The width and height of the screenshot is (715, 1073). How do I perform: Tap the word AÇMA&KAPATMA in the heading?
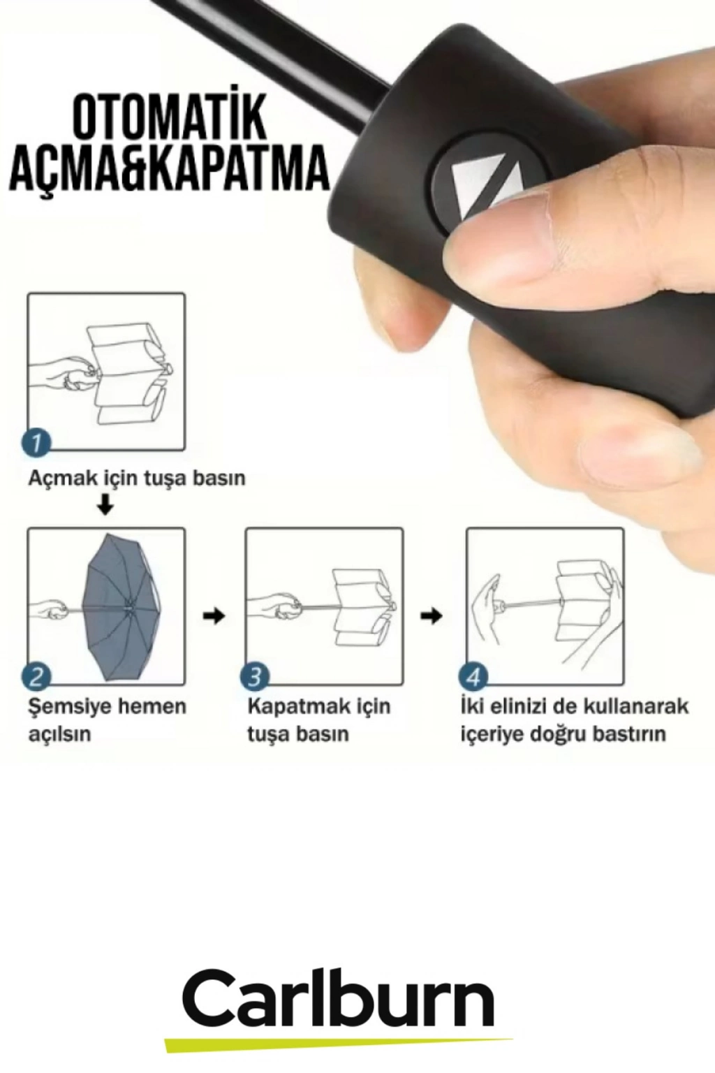point(170,171)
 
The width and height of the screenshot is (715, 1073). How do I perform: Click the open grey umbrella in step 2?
point(124,607)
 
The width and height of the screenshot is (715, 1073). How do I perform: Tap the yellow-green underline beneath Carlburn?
point(339,1042)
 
